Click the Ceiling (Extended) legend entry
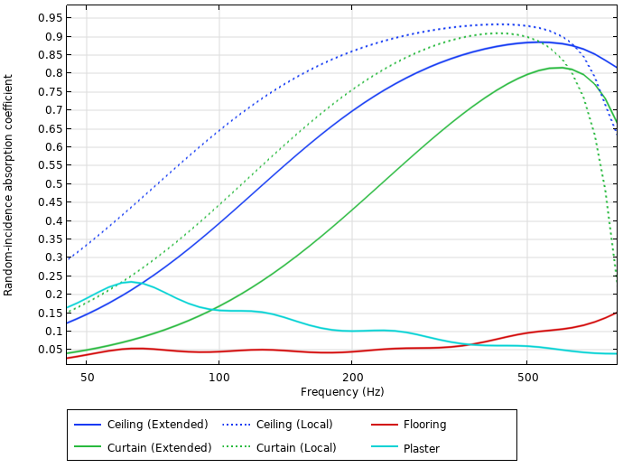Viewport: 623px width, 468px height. (x=158, y=425)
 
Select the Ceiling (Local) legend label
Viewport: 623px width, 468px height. (x=294, y=425)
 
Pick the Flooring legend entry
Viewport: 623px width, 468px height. (x=424, y=425)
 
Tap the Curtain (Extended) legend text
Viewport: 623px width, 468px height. (x=159, y=448)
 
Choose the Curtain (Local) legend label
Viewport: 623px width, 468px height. (x=296, y=448)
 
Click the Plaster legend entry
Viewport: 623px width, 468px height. (x=421, y=448)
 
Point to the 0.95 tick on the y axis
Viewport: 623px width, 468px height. (x=50, y=18)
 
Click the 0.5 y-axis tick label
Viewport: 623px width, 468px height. (x=53, y=184)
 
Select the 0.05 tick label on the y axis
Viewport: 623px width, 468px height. (x=50, y=350)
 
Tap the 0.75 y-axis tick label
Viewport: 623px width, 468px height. (x=50, y=92)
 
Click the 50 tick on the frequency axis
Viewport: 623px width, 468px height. (x=87, y=377)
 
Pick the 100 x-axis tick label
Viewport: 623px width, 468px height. (x=219, y=377)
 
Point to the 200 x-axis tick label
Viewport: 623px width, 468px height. (x=352, y=377)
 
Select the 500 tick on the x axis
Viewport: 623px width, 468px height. (x=527, y=377)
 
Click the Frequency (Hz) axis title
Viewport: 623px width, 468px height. (x=342, y=392)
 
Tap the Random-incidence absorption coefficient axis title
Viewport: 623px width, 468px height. (x=8, y=185)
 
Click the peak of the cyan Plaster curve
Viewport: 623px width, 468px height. (x=131, y=282)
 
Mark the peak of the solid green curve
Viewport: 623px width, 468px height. (x=561, y=68)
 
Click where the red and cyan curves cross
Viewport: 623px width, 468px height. (x=470, y=344)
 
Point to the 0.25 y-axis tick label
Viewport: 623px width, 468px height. (x=50, y=276)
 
